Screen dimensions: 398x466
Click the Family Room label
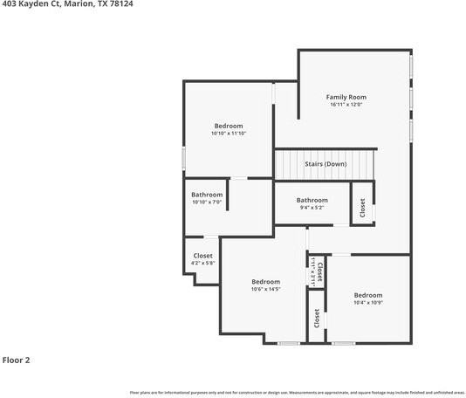[x=346, y=97]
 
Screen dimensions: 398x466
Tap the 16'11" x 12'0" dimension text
[x=346, y=105]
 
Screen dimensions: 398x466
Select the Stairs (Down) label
[x=326, y=164]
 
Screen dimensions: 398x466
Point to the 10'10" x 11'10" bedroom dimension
[x=229, y=134]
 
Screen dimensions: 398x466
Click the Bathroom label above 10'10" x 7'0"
[x=208, y=195]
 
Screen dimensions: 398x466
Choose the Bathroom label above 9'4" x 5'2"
[x=312, y=200]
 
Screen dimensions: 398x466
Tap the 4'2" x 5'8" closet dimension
[x=202, y=263]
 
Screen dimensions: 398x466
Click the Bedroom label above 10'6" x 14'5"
[x=265, y=282]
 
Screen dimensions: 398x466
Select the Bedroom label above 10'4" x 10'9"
[x=367, y=296]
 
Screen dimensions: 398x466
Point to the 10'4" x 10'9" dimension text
[x=367, y=303]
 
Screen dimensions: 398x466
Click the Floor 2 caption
[x=16, y=360]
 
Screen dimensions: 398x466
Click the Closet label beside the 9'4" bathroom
[x=362, y=208]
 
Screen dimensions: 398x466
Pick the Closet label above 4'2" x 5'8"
[x=202, y=256]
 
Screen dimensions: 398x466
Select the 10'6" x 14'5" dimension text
[x=265, y=289]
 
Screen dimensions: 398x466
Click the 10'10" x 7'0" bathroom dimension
[x=208, y=202]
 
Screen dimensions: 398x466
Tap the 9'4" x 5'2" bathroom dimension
[x=312, y=208]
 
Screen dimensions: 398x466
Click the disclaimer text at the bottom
[x=297, y=393]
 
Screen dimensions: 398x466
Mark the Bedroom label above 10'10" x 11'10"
[x=229, y=126]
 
